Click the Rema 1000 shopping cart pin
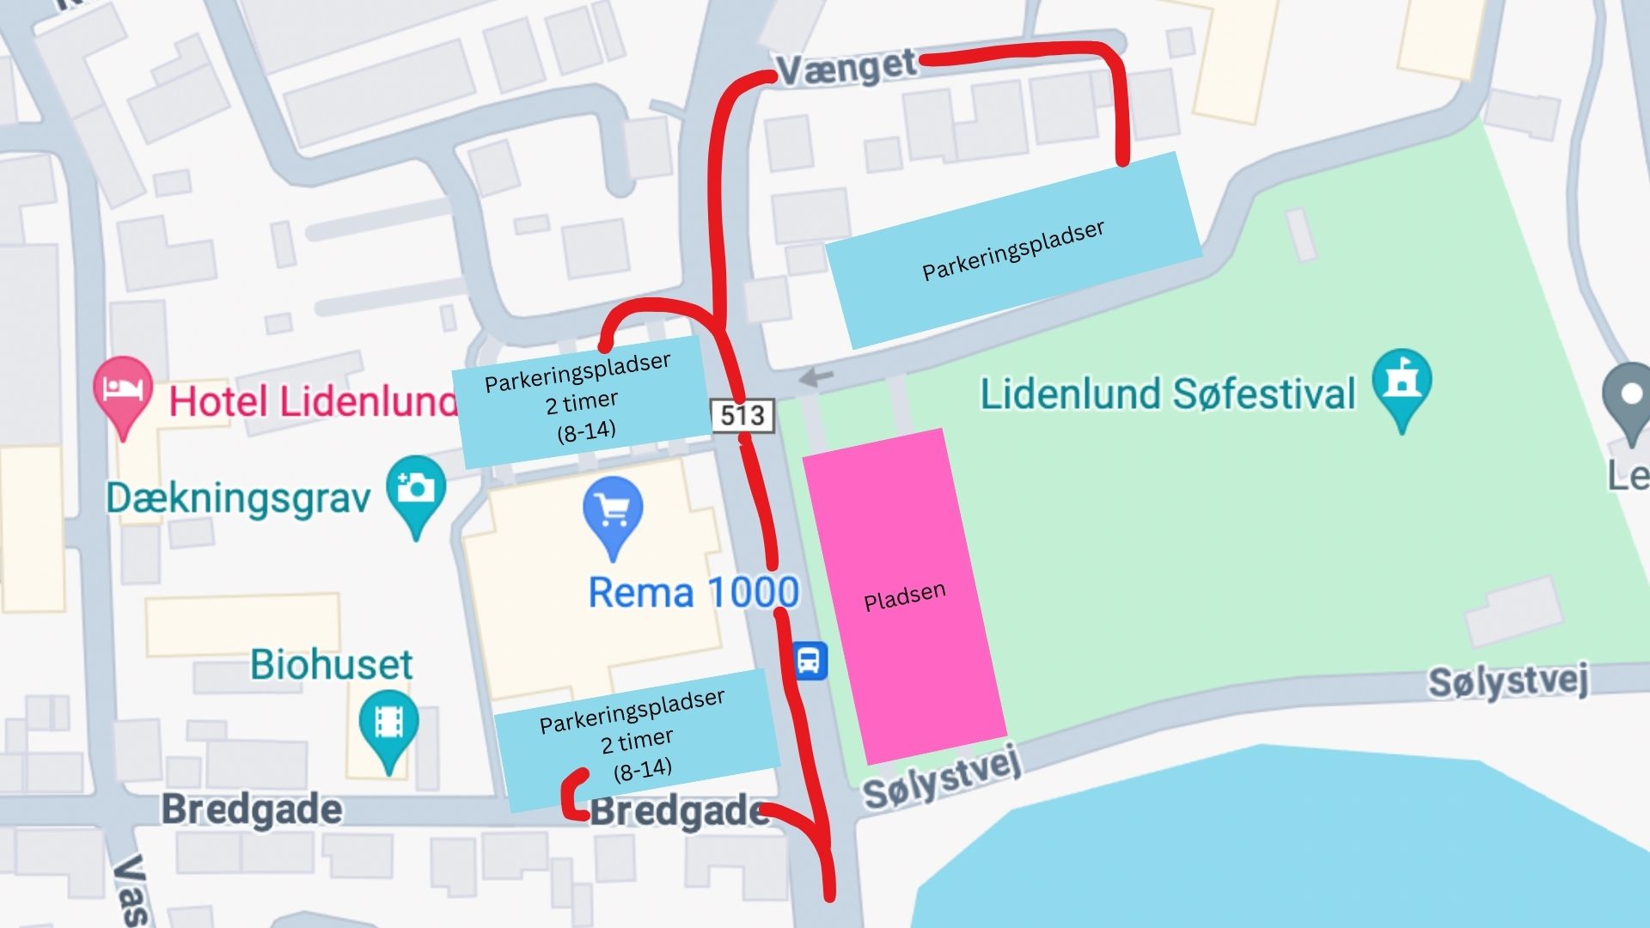[x=612, y=512]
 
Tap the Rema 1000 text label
[x=693, y=593]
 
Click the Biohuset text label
[x=331, y=664]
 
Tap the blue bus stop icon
[x=809, y=661]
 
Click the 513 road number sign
[x=742, y=416]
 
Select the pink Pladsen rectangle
[x=904, y=595]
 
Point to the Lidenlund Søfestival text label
[x=1167, y=394]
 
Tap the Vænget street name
[x=846, y=67]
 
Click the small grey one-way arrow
[x=816, y=376]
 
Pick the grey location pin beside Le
[x=1630, y=400]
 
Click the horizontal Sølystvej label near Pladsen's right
[x=1507, y=681]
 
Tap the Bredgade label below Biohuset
[x=252, y=809]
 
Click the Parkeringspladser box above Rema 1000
[x=582, y=400]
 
